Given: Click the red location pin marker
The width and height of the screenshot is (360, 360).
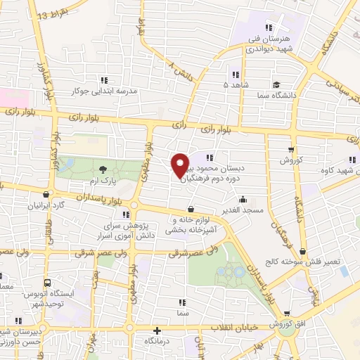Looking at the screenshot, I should click(181, 165).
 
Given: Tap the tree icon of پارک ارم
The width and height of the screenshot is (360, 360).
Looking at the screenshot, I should click(103, 169).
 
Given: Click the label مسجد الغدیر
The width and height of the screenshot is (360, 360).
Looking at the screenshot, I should click(243, 210).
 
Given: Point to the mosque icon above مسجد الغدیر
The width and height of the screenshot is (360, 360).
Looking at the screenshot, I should click(243, 199).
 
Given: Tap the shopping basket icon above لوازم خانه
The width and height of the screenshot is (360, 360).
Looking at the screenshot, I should click(191, 208).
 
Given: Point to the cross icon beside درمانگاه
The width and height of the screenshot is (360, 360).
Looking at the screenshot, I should click(157, 330).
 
